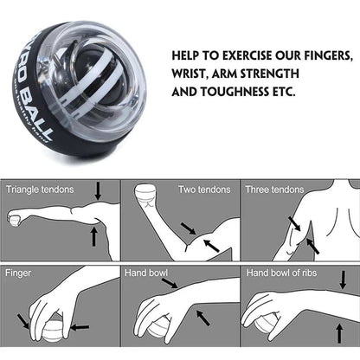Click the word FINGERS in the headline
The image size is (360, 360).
pyautogui.click(x=325, y=55)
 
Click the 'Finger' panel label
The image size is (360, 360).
pyautogui.click(x=19, y=272)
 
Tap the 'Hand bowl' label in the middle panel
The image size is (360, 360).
pyautogui.click(x=146, y=272)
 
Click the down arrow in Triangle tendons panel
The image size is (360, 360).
pyautogui.click(x=97, y=190)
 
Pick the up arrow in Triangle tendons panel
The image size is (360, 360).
pyautogui.click(x=93, y=235)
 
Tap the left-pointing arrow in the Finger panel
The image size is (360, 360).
pyautogui.click(x=80, y=327)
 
